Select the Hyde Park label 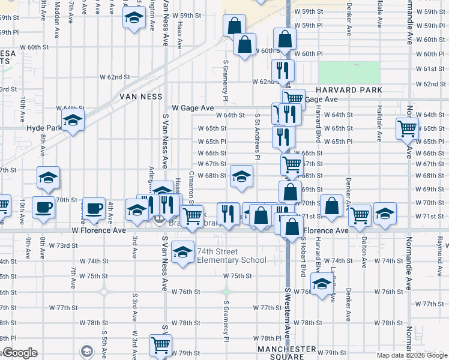click(x=44, y=128)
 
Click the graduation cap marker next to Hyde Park click(x=73, y=121)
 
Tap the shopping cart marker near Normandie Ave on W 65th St click(x=408, y=128)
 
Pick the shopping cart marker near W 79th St click(x=160, y=344)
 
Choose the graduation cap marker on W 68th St click(x=241, y=176)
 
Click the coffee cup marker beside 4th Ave click(x=93, y=208)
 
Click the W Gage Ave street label click(x=193, y=108)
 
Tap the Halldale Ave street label click(x=379, y=124)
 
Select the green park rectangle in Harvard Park click(x=349, y=73)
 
